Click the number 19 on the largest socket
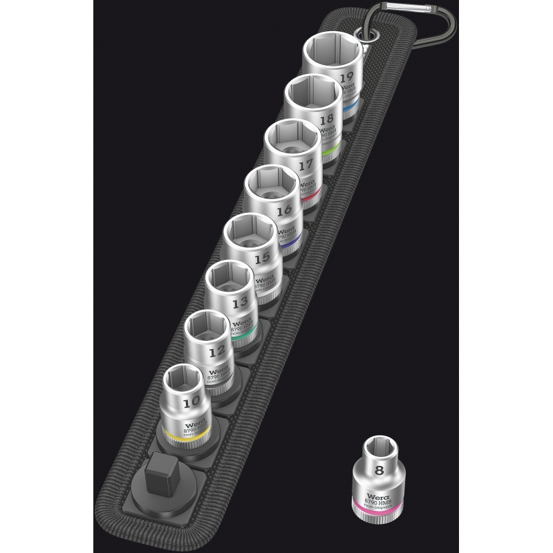click(347, 77)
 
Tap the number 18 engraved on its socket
click(326, 119)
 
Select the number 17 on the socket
click(306, 165)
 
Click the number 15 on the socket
click(261, 259)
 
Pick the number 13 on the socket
click(241, 303)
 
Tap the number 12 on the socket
click(217, 350)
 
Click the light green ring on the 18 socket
click(330, 151)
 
